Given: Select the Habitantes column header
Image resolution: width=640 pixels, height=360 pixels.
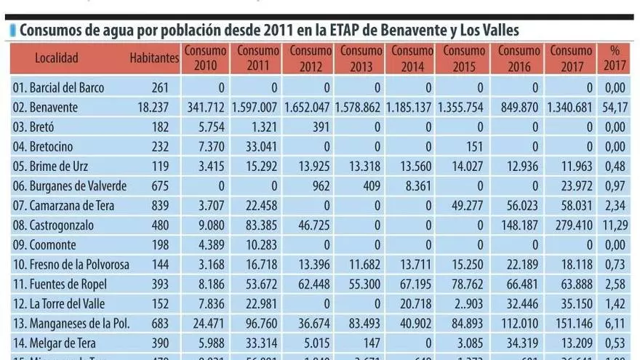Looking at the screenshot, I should coord(154,58).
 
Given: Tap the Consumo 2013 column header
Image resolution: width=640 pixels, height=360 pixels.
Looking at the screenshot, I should coord(361,58).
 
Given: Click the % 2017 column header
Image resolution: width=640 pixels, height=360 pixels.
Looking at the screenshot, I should coord(615,58).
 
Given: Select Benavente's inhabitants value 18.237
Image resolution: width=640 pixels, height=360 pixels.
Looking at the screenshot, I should coord(153,108).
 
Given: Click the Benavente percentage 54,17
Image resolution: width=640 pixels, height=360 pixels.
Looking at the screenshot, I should coord(615,108).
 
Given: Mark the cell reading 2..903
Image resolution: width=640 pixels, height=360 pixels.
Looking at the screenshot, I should coord(467,304).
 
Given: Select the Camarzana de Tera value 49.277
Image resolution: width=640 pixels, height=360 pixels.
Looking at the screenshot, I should coord(466,206).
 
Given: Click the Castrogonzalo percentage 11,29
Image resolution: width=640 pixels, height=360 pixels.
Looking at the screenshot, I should coord(615,225).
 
